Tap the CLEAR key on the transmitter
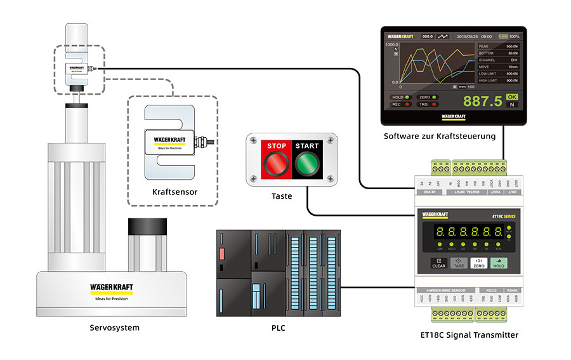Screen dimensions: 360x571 click(x=439, y=262)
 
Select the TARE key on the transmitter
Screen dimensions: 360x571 click(x=459, y=262)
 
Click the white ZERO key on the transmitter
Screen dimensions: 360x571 click(x=478, y=262)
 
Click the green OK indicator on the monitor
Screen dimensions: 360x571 click(x=512, y=97)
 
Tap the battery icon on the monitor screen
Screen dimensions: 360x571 click(x=504, y=36)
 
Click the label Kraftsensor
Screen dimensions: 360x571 click(x=173, y=191)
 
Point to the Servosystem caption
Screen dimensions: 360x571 click(x=115, y=328)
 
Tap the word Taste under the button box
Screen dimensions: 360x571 click(x=281, y=196)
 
